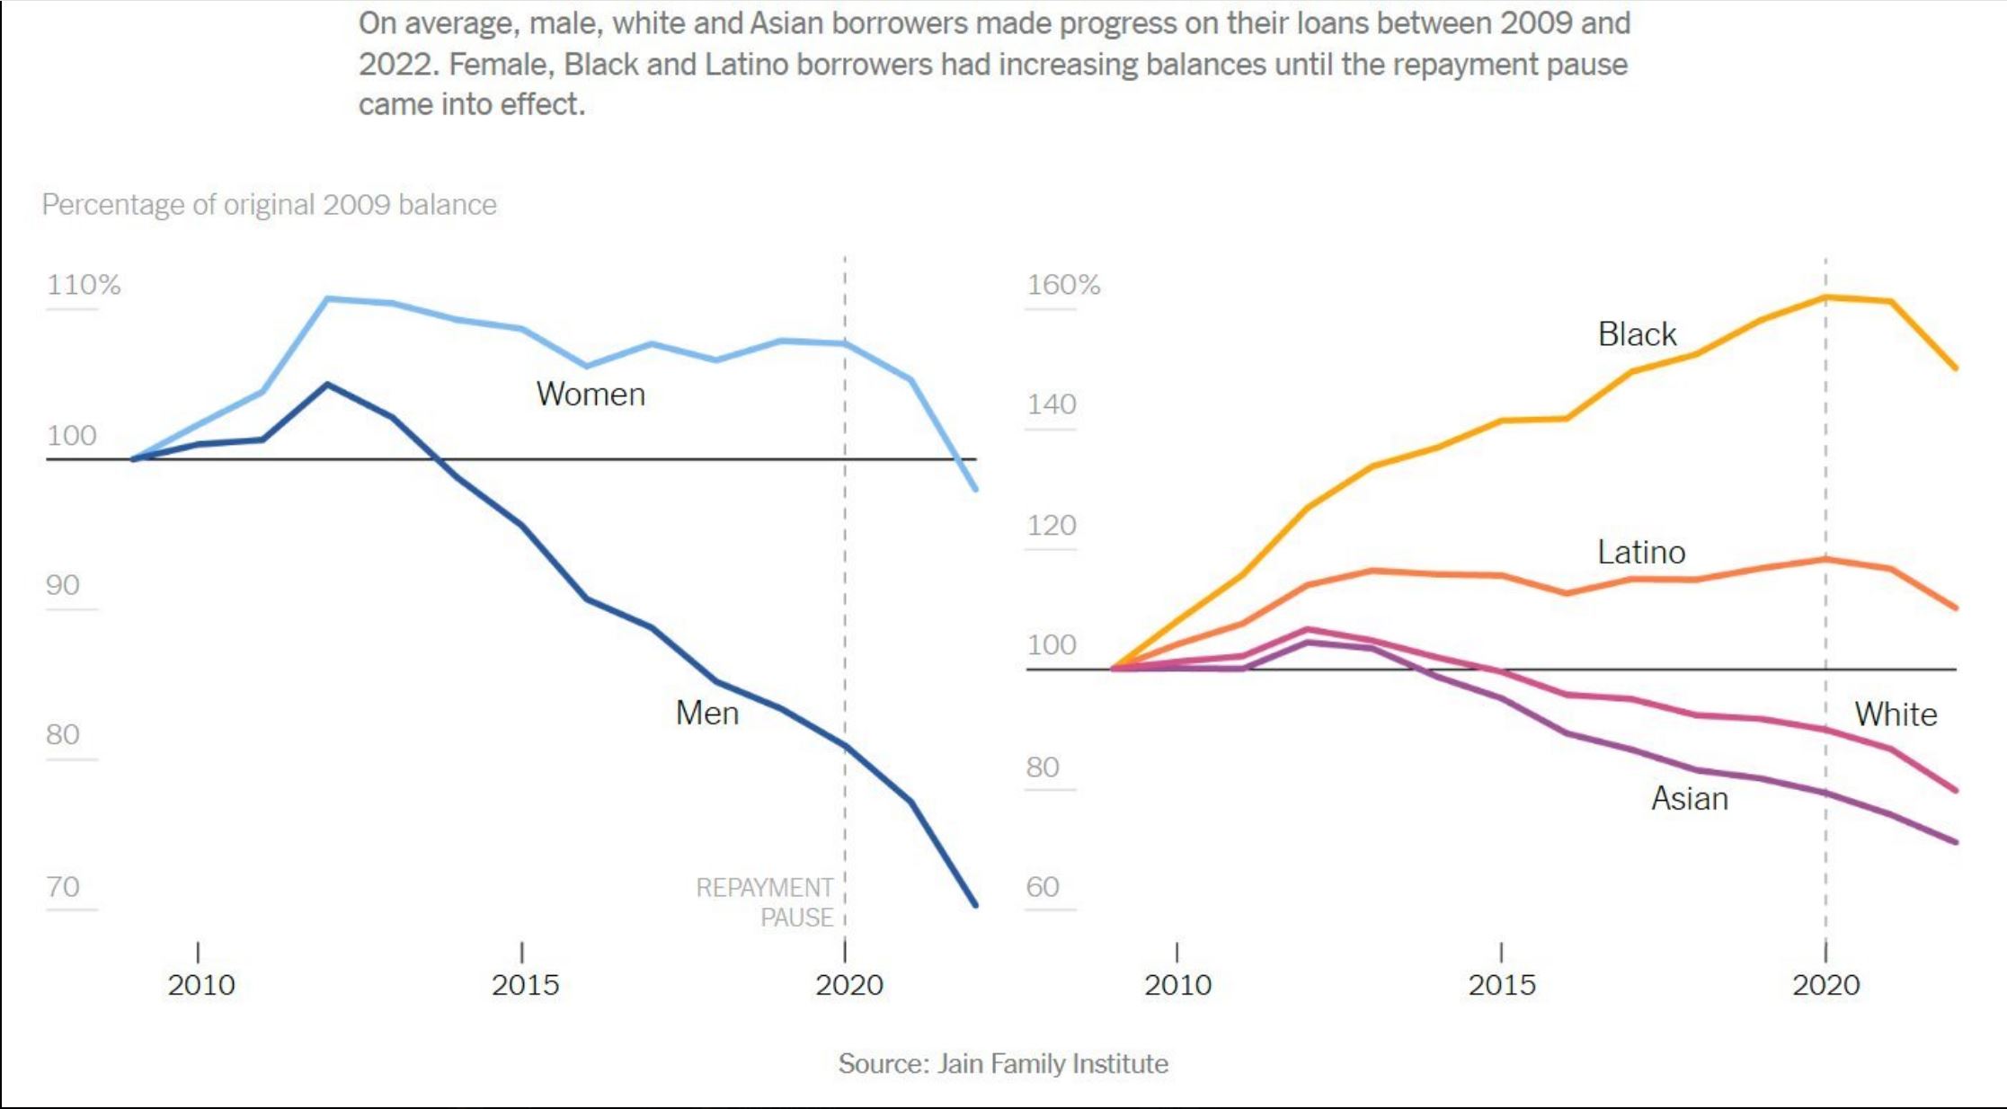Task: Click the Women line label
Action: [x=591, y=395]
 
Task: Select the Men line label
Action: [x=707, y=713]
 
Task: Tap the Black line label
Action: [x=1637, y=334]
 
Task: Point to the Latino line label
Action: [x=1641, y=552]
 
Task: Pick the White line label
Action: [x=1896, y=714]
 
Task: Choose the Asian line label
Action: [x=1690, y=799]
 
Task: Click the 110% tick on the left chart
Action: [x=84, y=285]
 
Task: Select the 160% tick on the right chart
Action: [x=1063, y=285]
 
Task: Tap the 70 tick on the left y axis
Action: [x=63, y=887]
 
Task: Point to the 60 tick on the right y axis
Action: [x=1043, y=887]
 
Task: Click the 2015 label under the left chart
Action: [x=525, y=985]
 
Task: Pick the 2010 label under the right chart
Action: [x=1177, y=985]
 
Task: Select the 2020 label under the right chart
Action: [x=1825, y=985]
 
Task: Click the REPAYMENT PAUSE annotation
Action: [x=765, y=902]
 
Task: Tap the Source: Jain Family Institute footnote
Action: [x=1003, y=1064]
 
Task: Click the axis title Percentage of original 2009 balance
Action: [x=269, y=205]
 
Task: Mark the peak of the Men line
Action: [x=328, y=385]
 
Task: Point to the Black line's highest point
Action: [x=1825, y=297]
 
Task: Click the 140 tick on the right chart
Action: [x=1052, y=404]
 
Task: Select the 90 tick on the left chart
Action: [x=63, y=585]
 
